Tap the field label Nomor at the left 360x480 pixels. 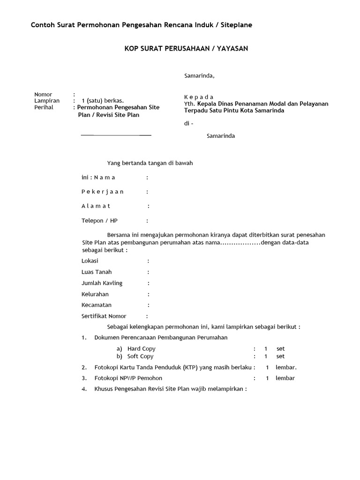point(43,94)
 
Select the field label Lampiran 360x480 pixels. point(47,101)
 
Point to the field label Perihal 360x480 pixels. point(44,107)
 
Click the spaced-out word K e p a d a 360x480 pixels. point(199,97)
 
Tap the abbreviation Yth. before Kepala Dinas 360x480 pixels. point(189,104)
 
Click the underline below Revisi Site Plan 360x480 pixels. point(116,135)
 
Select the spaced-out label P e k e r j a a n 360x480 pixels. point(103,192)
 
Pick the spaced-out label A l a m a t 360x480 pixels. point(96,206)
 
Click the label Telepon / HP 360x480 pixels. point(99,220)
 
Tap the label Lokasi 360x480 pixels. point(90,261)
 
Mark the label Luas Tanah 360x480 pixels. point(97,272)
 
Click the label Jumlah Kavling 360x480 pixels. point(102,283)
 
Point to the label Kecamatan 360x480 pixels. point(97,305)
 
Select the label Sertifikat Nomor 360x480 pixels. point(104,316)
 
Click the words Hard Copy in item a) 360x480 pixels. point(141,349)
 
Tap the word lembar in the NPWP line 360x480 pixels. point(285,378)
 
